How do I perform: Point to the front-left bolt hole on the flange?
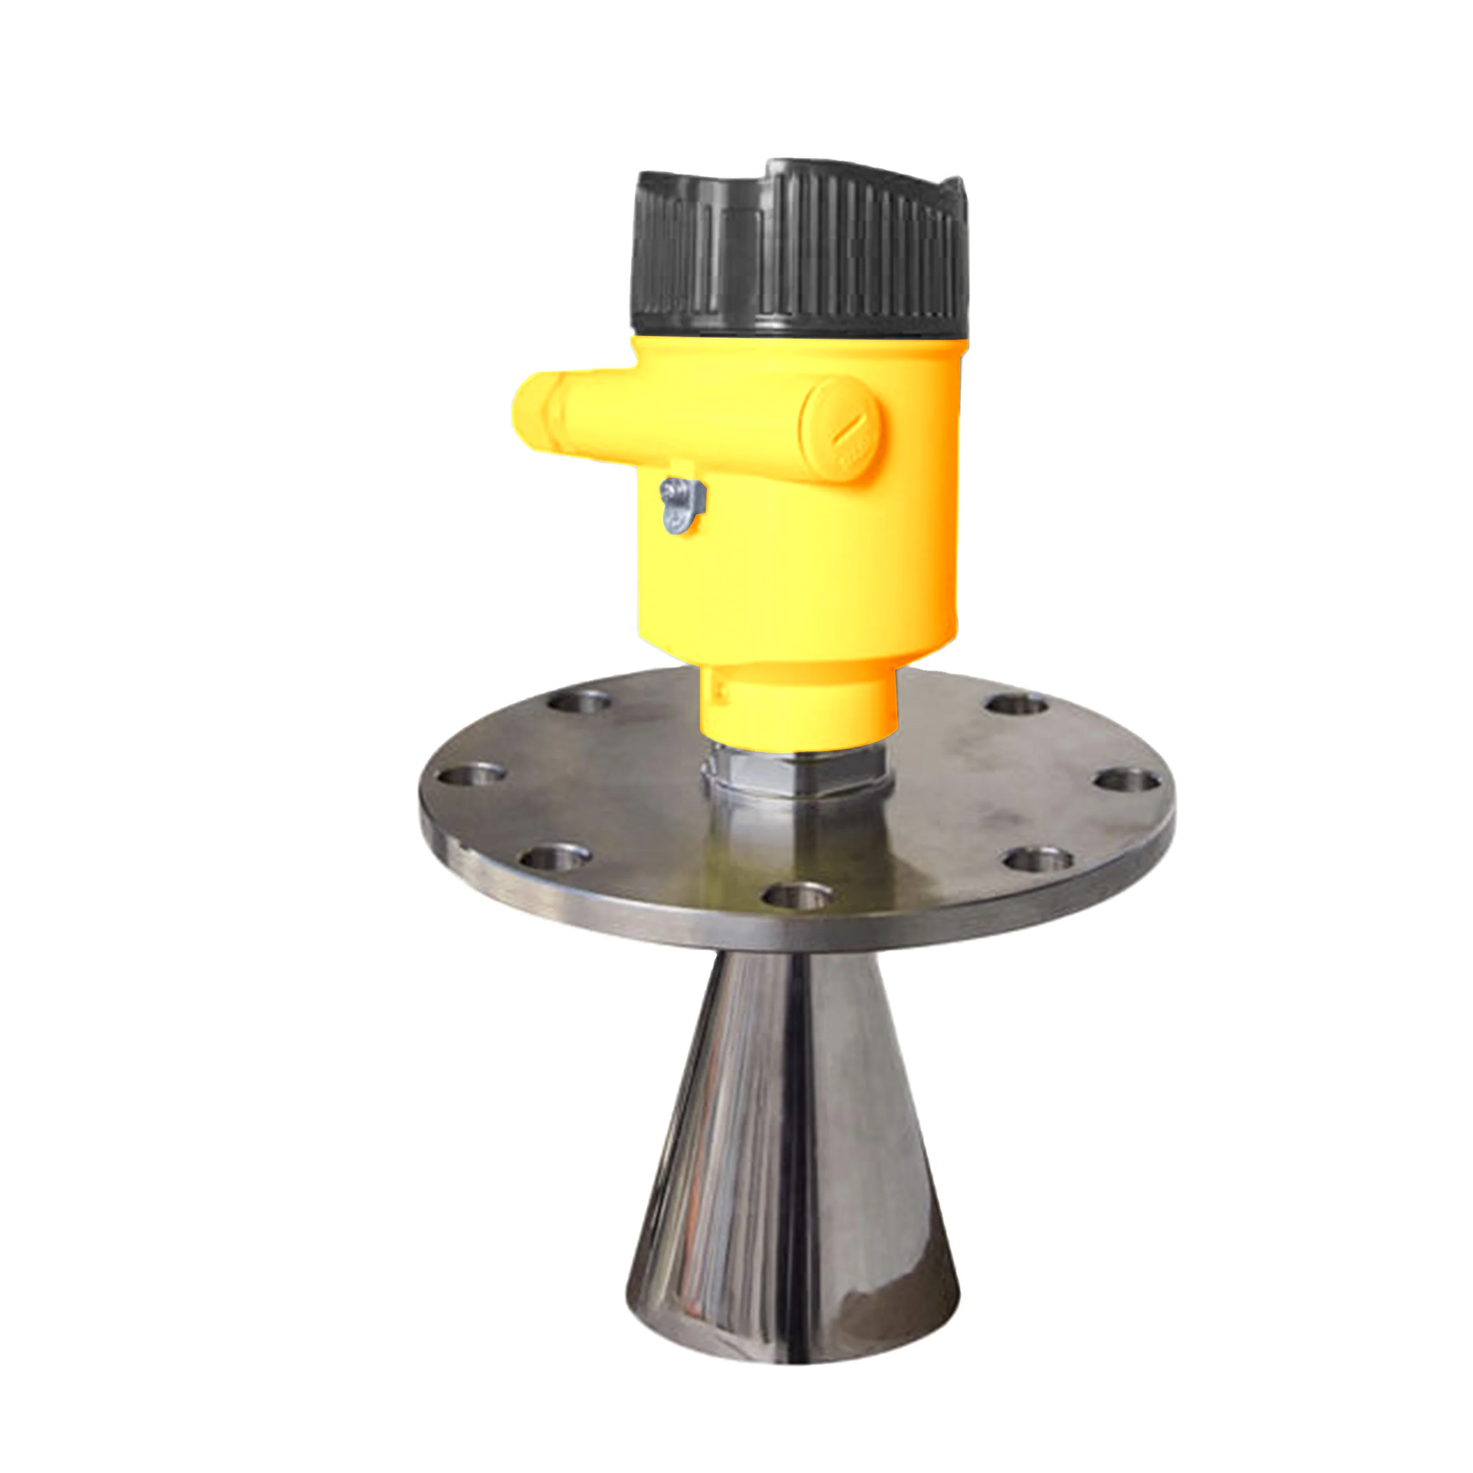click(x=555, y=858)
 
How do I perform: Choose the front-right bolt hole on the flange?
click(x=1038, y=860)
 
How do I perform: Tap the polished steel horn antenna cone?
click(x=793, y=1106)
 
